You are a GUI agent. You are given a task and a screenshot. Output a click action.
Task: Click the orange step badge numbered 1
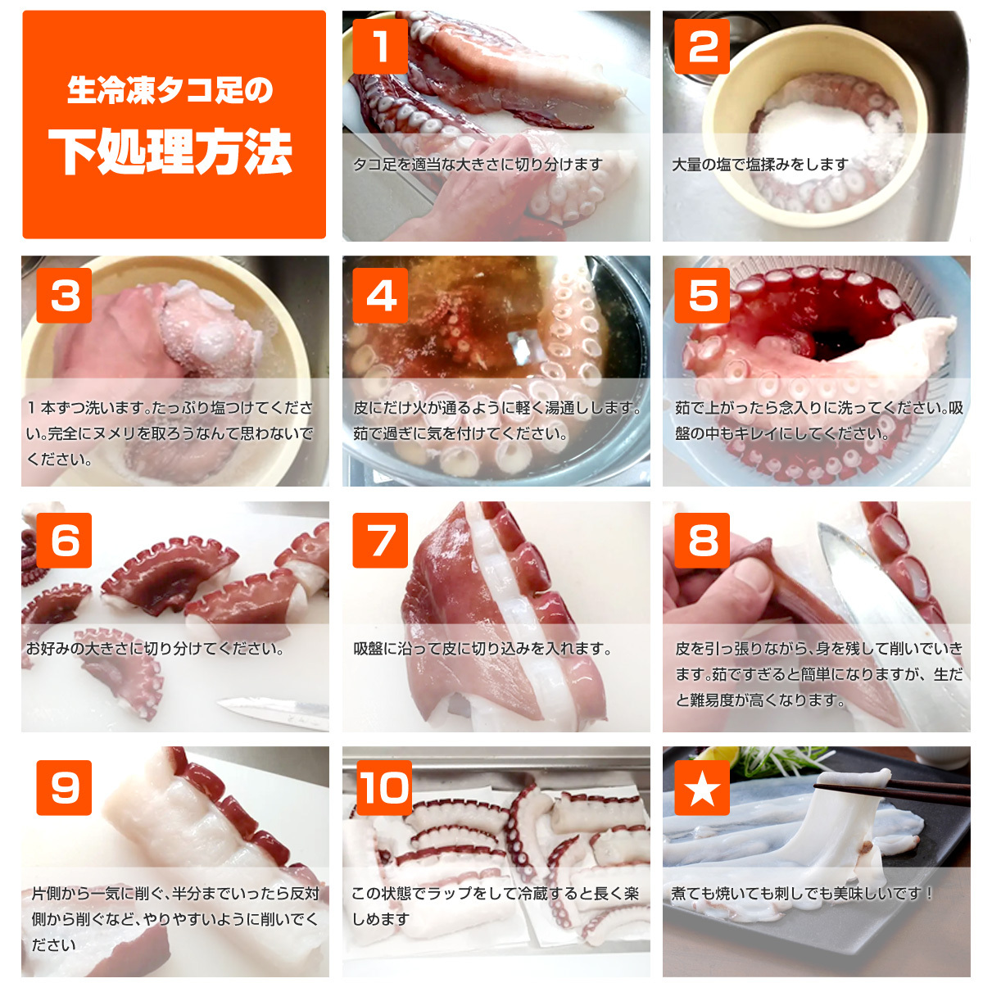380,47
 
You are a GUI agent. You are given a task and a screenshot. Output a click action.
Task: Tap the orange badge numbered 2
702,47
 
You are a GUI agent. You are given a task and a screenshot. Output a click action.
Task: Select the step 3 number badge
64,296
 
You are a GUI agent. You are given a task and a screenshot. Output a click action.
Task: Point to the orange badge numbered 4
380,296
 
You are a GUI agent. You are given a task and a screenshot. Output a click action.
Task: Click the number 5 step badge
702,296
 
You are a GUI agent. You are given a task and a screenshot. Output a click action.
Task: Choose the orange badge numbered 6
64,540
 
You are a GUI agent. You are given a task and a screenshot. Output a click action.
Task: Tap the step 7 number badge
380,540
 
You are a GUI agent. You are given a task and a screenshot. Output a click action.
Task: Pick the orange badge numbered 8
702,540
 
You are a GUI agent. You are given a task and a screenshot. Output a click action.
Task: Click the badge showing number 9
64,787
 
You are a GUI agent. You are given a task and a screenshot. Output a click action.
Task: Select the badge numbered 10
383,787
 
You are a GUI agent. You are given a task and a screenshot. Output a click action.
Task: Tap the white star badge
702,787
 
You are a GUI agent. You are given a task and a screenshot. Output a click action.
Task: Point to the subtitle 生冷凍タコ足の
171,90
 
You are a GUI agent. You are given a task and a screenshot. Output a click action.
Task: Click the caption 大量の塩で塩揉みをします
760,165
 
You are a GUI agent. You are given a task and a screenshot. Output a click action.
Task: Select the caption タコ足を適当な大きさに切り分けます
478,165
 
